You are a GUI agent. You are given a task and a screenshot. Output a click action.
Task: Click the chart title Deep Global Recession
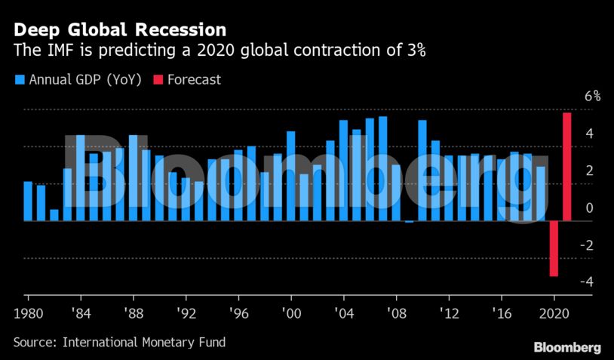click(119, 30)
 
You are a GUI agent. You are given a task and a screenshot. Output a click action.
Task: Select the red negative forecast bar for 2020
click(554, 248)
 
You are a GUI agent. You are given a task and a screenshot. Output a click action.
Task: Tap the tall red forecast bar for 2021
click(567, 166)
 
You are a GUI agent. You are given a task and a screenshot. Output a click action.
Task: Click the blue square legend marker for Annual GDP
click(19, 79)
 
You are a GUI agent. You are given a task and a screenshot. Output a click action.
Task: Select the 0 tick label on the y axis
click(589, 208)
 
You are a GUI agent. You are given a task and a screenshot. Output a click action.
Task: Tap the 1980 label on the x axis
click(28, 312)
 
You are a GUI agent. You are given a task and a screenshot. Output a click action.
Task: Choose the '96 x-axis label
click(238, 312)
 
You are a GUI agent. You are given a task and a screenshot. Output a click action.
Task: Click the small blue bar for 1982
click(54, 215)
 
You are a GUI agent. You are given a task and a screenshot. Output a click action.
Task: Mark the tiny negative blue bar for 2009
click(409, 222)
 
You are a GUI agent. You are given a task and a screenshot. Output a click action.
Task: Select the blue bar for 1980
click(28, 201)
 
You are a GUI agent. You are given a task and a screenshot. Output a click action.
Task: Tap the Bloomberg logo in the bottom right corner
click(567, 347)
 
